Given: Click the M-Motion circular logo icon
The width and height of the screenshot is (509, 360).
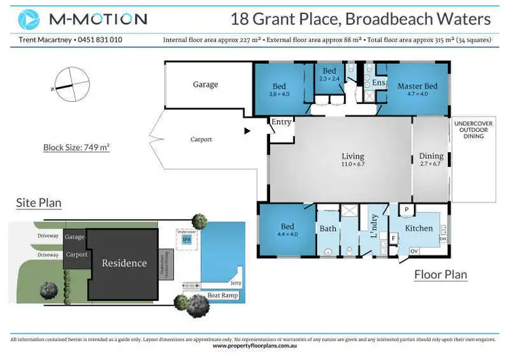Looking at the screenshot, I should [x=29, y=18].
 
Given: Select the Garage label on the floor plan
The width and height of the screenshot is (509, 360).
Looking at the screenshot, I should [x=205, y=85].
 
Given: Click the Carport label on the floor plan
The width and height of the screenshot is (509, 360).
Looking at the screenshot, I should [x=201, y=139].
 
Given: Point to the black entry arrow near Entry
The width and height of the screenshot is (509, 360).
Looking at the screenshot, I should [x=247, y=130].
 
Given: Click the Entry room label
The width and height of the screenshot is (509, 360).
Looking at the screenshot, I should [x=281, y=122].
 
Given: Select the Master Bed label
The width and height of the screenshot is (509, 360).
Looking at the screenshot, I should [x=417, y=86].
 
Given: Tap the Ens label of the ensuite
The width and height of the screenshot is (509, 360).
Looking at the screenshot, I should [x=379, y=83].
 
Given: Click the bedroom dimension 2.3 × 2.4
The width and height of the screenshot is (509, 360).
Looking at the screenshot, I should [x=329, y=79].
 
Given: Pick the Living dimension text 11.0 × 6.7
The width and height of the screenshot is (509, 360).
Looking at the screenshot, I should [x=353, y=164].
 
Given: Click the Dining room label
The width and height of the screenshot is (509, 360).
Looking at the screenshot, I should [x=431, y=156].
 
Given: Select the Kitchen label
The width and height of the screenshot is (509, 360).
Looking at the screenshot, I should [x=419, y=228].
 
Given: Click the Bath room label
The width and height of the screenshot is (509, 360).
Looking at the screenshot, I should [x=328, y=228].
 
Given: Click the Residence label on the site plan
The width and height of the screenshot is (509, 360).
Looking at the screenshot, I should [x=124, y=263].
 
